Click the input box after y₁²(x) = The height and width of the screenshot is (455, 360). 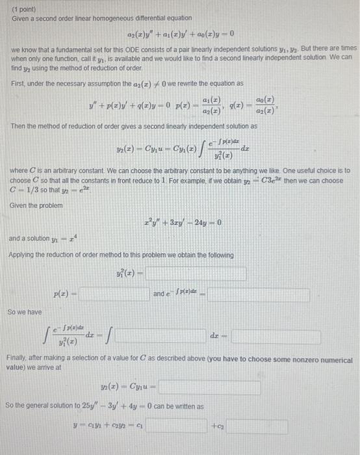tap(196, 274)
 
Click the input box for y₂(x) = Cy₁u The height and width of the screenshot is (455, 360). tap(209, 389)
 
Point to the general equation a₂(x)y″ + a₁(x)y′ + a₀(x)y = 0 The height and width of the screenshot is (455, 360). tap(180, 34)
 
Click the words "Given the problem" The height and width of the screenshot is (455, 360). tap(36, 205)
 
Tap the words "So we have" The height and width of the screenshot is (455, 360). tap(25, 312)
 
